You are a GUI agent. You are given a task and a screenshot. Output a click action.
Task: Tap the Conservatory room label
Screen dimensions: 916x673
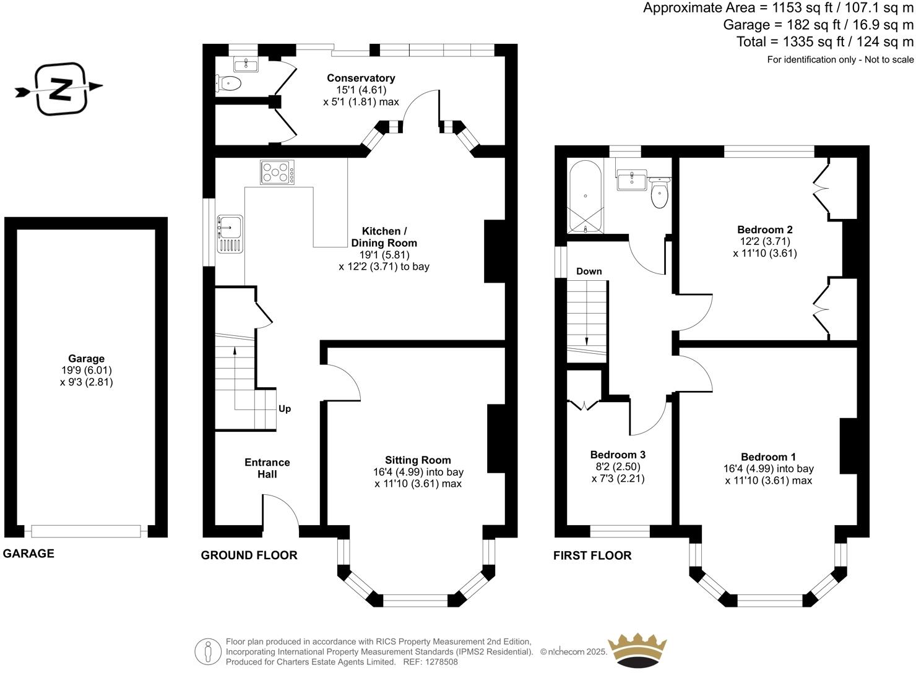point(361,78)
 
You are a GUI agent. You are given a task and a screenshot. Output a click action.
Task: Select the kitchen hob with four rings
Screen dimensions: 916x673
point(277,172)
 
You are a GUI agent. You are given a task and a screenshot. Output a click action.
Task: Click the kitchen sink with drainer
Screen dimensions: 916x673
point(230,234)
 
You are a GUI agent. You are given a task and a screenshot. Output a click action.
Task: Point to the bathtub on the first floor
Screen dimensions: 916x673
point(585,197)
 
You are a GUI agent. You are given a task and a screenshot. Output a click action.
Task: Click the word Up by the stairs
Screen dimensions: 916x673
point(285,409)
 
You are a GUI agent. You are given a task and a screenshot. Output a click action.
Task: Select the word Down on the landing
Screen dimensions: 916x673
point(589,272)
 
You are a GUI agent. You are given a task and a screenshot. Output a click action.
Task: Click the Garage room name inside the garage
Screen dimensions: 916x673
point(86,359)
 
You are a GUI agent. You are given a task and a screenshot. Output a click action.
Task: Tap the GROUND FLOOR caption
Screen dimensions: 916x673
point(249,555)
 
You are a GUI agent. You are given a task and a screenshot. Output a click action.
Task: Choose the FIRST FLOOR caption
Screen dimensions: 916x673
point(592,555)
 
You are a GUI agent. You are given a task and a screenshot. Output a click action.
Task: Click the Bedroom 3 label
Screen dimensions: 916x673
point(618,455)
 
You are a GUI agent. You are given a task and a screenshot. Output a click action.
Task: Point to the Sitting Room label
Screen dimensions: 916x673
point(418,460)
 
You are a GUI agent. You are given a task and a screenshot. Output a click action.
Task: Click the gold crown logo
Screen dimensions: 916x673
point(637,651)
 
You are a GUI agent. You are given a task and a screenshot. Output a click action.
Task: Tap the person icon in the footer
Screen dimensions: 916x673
point(208,652)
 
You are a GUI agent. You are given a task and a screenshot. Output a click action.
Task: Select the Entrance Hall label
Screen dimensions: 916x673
point(267,468)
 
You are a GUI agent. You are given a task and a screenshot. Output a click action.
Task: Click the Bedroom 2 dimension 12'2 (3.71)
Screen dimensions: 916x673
point(765,241)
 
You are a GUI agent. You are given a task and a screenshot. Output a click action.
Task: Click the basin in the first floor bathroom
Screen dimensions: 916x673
point(631,180)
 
